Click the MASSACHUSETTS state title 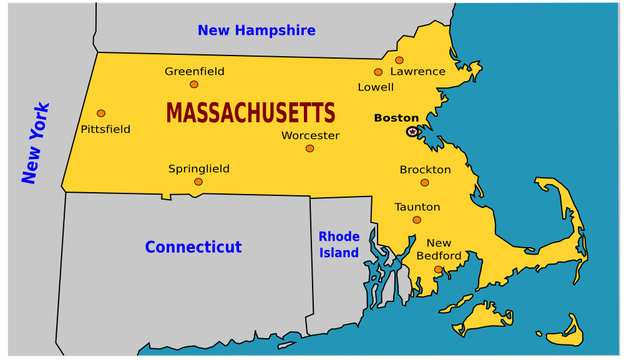[x=251, y=112]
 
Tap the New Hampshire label [x=256, y=31]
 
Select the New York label [x=36, y=143]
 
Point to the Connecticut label [x=193, y=246]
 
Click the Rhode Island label [x=339, y=244]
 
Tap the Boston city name [x=396, y=118]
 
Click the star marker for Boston [x=412, y=131]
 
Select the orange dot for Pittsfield [x=101, y=113]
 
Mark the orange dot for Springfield [x=198, y=182]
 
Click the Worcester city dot [x=310, y=148]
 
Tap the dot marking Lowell [x=378, y=72]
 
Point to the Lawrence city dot [x=399, y=60]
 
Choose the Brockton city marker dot [x=424, y=182]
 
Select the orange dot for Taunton [x=417, y=220]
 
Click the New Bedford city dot [x=438, y=269]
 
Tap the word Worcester [x=310, y=135]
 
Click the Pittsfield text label [x=104, y=129]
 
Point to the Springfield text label [x=199, y=169]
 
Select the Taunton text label [x=417, y=206]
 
